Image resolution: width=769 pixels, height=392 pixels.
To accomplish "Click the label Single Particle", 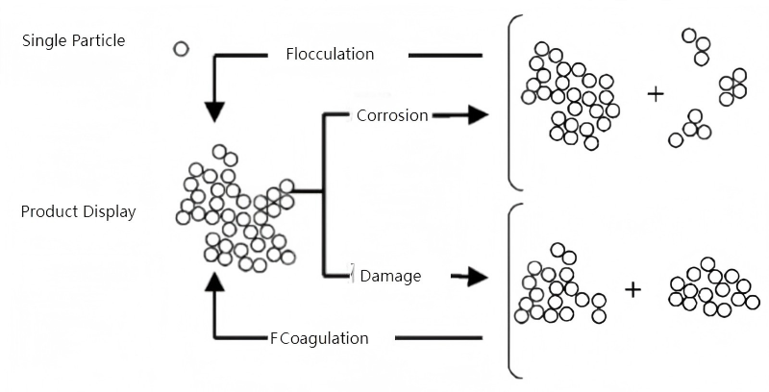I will (x=73, y=40).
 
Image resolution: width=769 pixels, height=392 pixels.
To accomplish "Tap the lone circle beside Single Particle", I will (x=180, y=48).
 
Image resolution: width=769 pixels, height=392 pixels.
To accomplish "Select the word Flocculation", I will (x=330, y=54).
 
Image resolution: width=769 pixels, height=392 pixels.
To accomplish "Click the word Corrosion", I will (x=391, y=115).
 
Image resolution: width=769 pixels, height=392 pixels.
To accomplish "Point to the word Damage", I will (x=389, y=277).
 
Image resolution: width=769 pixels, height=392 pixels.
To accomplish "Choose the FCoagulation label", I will (x=319, y=338).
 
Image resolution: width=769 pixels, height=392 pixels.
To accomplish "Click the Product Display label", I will (x=78, y=211).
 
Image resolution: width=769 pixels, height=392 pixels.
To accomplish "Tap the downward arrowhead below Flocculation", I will (x=214, y=110).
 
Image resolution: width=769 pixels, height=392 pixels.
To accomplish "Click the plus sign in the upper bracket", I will (x=656, y=94).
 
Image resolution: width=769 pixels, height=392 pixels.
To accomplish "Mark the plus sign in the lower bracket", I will (x=633, y=288).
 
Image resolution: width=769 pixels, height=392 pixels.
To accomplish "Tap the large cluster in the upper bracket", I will (x=570, y=96).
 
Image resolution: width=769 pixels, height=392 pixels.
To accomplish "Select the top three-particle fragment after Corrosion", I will (x=697, y=46).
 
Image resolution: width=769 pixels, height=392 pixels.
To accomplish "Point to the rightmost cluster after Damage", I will (x=713, y=288).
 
